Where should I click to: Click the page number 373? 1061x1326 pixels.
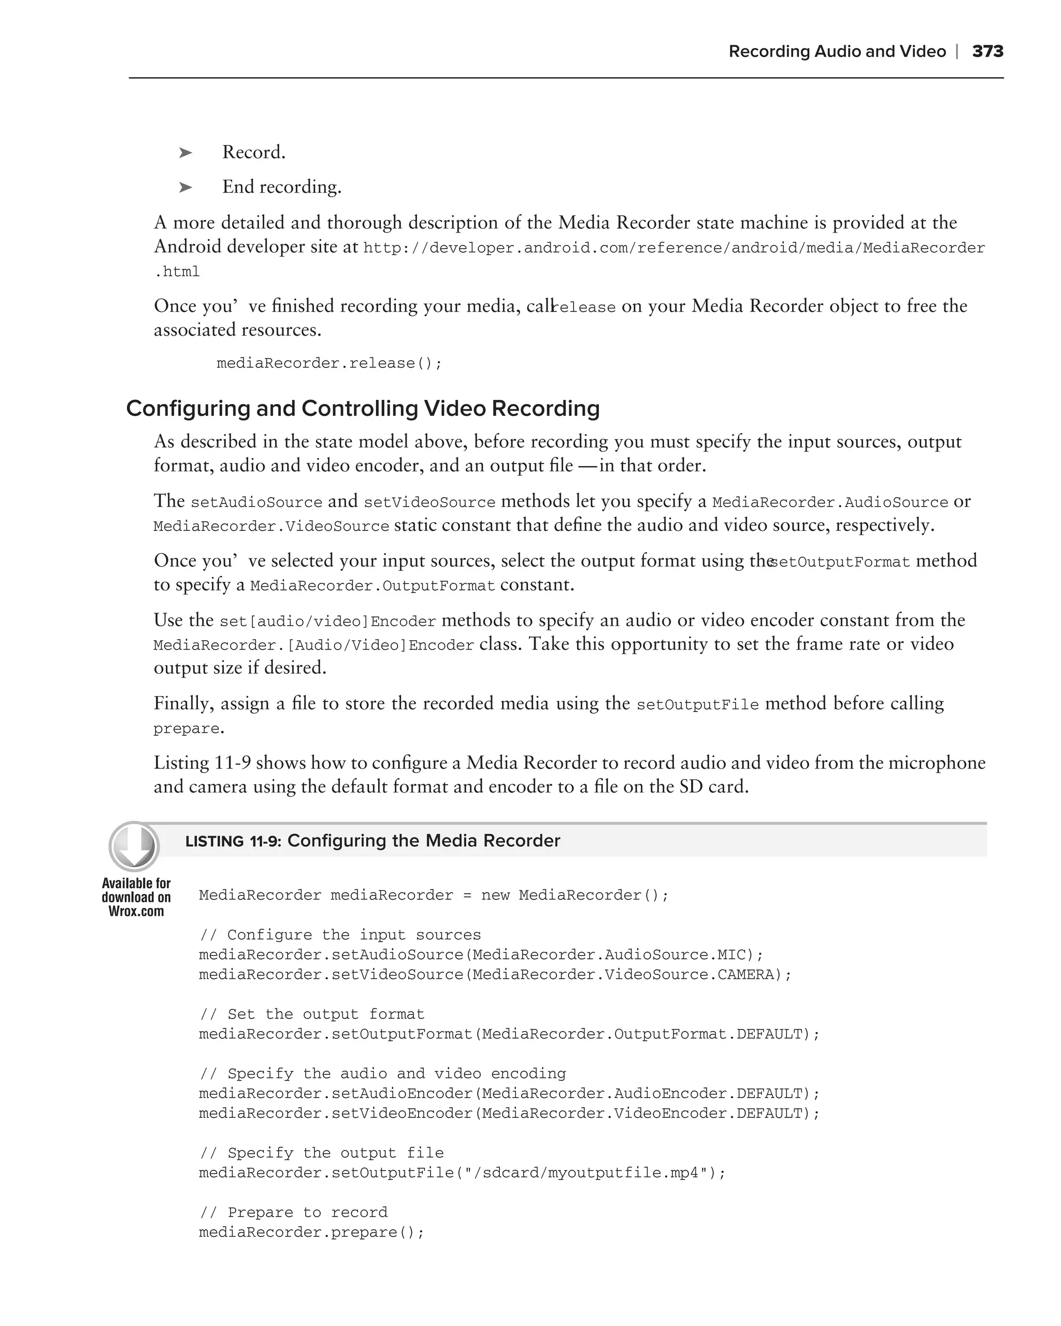pos(987,52)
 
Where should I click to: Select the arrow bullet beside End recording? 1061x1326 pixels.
pos(185,188)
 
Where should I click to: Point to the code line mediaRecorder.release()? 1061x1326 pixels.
pos(329,364)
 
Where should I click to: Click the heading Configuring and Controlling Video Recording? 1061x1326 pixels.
pos(363,408)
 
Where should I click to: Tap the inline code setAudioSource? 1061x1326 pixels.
pos(256,502)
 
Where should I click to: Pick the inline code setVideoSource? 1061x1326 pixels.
pos(429,502)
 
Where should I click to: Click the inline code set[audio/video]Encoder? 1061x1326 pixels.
pos(327,621)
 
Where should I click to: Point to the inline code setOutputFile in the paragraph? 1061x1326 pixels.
pos(697,705)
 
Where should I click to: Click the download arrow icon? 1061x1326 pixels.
pos(134,846)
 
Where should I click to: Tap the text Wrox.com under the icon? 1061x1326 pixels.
pos(136,912)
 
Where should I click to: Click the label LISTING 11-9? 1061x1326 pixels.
pos(233,841)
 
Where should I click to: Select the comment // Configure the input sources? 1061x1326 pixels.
pos(340,935)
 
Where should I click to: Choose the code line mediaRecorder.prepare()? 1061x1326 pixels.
pos(311,1233)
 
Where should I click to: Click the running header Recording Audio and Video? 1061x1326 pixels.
pos(837,52)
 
